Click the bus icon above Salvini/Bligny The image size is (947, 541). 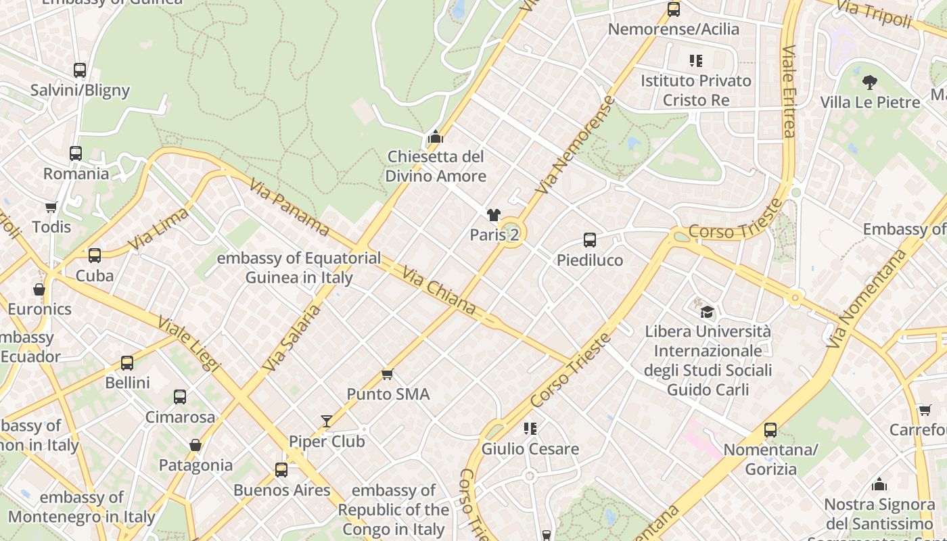pos(80,70)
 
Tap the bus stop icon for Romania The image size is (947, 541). pos(76,154)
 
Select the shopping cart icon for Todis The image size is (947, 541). pos(51,206)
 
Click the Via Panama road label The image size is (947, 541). pos(289,207)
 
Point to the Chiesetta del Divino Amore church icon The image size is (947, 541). pos(435,137)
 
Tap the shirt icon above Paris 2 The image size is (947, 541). pos(494,215)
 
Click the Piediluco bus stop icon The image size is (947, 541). pos(590,239)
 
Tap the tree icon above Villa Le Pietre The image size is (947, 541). pos(870,83)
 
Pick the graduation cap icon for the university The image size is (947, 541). pos(707,312)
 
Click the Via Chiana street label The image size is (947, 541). pos(439,291)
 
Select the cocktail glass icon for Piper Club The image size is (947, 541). pos(327,421)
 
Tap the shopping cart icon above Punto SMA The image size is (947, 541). pos(388,374)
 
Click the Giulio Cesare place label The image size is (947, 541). pos(530,448)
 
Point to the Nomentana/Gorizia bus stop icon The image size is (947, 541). pos(770,429)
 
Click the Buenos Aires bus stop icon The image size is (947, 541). pos(281,469)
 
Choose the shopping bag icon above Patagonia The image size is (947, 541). pos(195,445)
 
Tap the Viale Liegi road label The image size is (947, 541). pos(189,342)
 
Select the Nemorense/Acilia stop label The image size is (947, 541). pos(673,29)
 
